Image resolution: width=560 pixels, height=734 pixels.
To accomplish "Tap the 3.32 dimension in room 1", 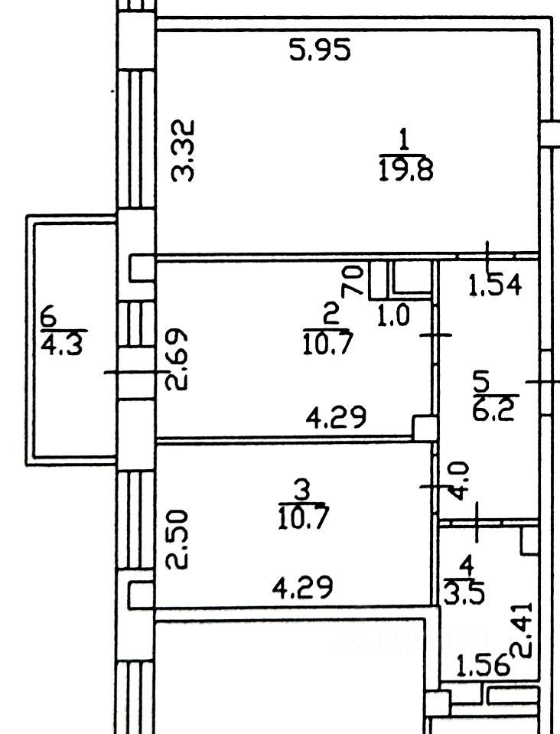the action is point(184,150).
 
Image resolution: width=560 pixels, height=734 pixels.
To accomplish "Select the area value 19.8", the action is point(405,168).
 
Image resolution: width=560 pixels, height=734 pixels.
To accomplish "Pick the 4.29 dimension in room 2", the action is point(336,417).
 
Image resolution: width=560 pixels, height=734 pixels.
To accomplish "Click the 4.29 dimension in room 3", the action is point(304,588).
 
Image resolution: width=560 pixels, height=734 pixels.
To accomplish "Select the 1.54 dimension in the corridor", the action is point(495,286).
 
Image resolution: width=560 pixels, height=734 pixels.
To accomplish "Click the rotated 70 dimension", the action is point(352,282).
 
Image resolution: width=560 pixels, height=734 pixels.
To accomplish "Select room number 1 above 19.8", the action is point(405,141).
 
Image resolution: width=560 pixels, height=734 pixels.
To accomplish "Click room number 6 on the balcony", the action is point(50,315).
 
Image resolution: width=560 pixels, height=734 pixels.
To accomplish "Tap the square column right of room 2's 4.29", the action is point(424,427).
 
